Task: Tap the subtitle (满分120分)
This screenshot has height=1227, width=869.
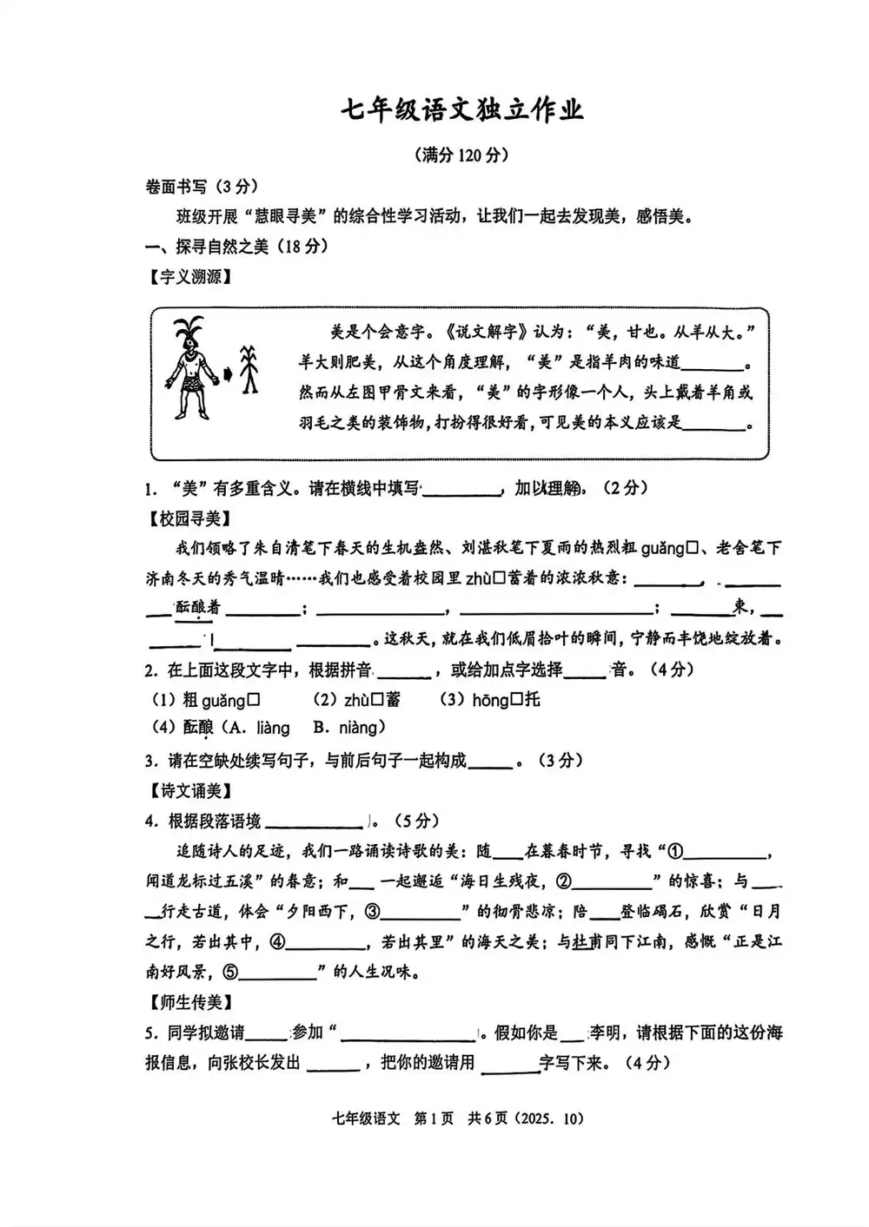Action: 461,155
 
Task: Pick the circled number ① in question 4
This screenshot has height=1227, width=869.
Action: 675,852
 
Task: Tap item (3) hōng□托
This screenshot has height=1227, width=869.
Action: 488,699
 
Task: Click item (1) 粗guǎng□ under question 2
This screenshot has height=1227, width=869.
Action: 207,699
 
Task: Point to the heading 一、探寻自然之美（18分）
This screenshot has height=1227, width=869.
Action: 236,247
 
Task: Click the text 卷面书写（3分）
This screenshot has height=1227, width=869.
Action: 202,186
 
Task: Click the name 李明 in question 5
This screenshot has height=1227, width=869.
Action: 605,1032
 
